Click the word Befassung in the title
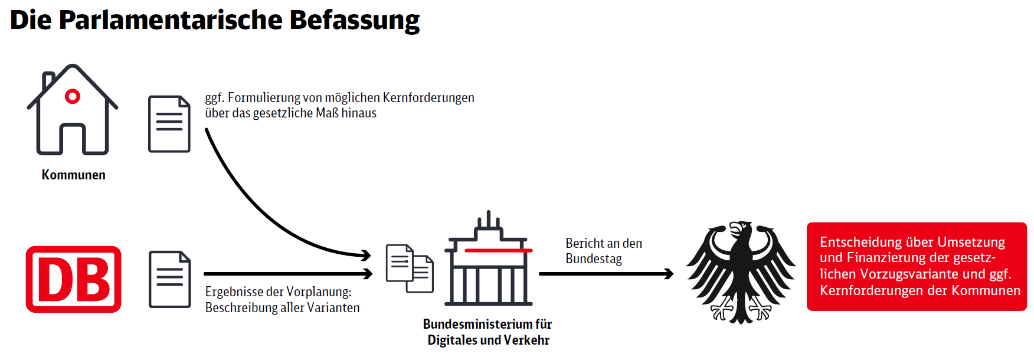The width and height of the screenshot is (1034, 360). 354,21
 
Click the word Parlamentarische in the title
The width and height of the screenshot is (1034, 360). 171,21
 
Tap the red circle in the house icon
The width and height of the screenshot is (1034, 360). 73,96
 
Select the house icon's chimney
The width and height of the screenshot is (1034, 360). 48,80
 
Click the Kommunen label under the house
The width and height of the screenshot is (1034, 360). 74,175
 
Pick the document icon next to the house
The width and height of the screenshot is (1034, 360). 169,124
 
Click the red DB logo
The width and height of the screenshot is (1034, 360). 74,279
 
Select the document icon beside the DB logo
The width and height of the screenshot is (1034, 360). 170,280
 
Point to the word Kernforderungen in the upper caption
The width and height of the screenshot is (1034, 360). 428,97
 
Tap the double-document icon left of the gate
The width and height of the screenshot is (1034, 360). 410,269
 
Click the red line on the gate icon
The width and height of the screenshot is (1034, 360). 499,250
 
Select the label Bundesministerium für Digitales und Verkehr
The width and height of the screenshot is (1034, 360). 488,332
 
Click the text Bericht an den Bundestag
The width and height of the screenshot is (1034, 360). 604,251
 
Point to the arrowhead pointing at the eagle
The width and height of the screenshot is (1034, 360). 669,274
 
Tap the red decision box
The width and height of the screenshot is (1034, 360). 917,267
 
